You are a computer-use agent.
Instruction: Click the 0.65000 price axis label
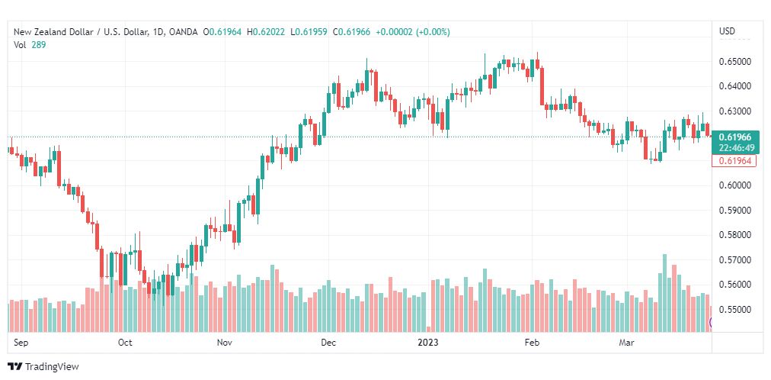pyautogui.click(x=734, y=62)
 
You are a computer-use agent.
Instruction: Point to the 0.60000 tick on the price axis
pyautogui.click(x=734, y=185)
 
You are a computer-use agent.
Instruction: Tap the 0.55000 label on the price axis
pyautogui.click(x=734, y=310)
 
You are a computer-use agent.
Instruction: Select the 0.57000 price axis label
pyautogui.click(x=734, y=260)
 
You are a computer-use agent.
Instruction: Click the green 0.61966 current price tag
pyautogui.click(x=734, y=137)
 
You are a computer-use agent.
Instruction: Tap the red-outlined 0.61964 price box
pyautogui.click(x=734, y=160)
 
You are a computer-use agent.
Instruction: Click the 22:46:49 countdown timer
pyautogui.click(x=734, y=148)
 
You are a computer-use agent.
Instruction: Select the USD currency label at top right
pyautogui.click(x=728, y=31)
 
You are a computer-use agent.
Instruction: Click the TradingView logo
pyautogui.click(x=43, y=367)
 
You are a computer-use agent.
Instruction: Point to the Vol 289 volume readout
pyautogui.click(x=30, y=44)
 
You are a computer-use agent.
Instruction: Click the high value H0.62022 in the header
pyautogui.click(x=266, y=32)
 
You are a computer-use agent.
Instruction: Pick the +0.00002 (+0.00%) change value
pyautogui.click(x=412, y=32)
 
